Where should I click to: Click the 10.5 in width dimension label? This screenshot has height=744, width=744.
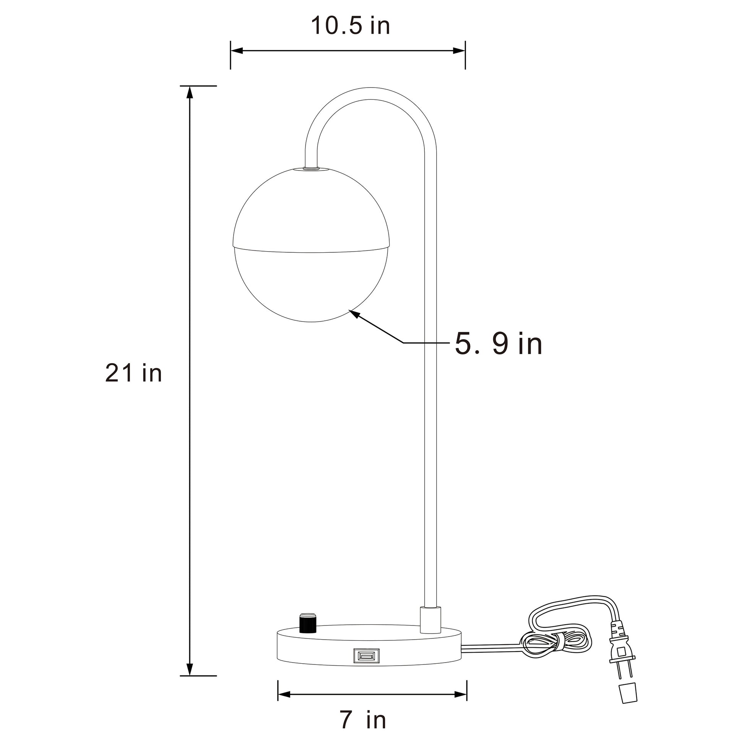[x=350, y=26]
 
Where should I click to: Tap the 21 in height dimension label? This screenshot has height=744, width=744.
[x=133, y=373]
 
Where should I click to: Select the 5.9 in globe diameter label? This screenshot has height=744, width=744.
[x=498, y=343]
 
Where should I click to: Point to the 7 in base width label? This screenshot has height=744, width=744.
[x=363, y=720]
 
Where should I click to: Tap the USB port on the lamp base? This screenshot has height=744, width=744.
[x=366, y=656]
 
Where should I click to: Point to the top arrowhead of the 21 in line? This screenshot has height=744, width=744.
[x=189, y=93]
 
